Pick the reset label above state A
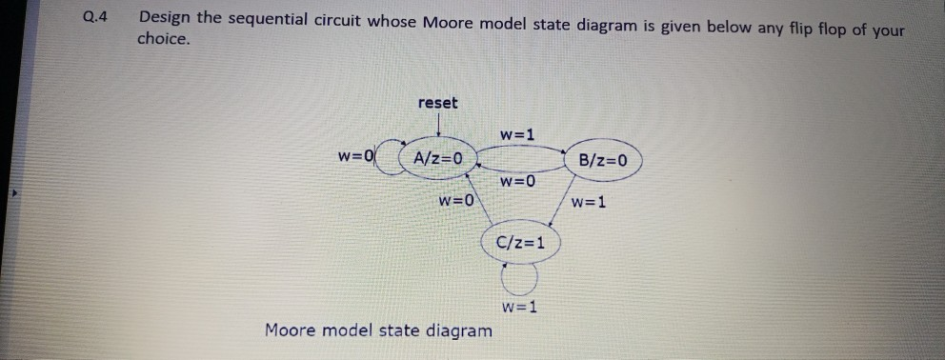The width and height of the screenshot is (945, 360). point(437,103)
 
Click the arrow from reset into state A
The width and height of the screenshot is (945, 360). point(437,126)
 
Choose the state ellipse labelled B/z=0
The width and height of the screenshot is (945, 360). point(604,160)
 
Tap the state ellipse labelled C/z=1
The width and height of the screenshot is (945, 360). point(521,242)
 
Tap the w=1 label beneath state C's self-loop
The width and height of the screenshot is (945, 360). point(520,308)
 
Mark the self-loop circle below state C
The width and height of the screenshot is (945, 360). point(520,278)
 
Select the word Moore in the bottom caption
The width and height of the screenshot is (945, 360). point(292,330)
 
